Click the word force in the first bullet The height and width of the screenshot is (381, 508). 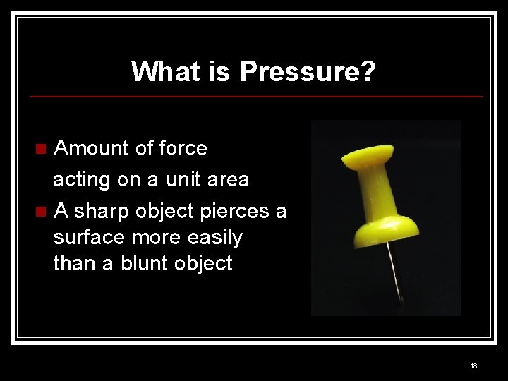(x=183, y=149)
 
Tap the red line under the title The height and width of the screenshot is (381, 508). (x=254, y=96)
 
